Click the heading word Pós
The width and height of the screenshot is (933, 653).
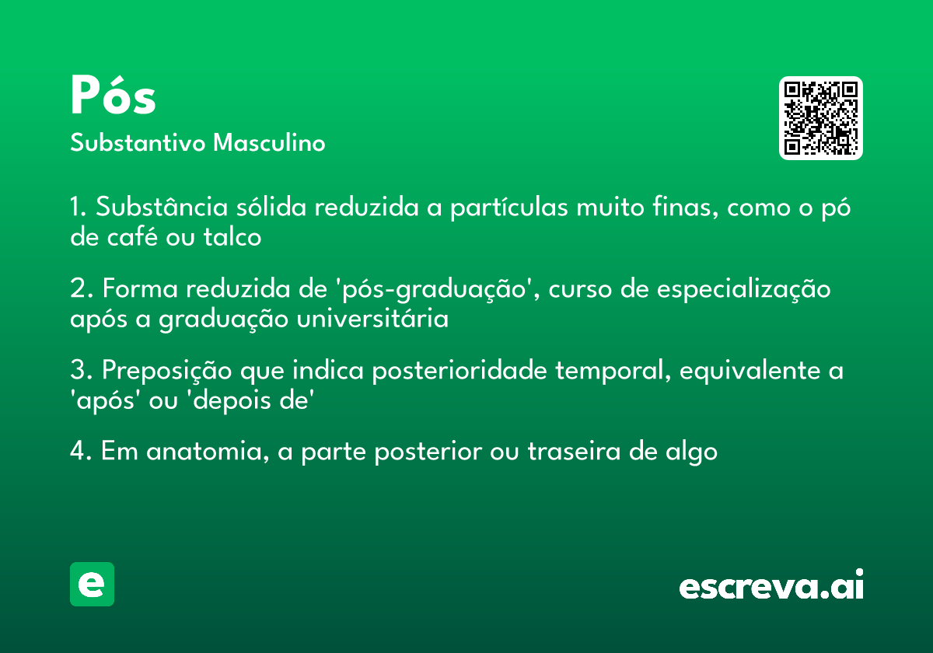(x=114, y=96)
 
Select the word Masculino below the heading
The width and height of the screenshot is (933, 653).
(x=269, y=143)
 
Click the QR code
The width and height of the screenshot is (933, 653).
(x=821, y=118)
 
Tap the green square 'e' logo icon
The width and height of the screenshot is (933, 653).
(x=92, y=584)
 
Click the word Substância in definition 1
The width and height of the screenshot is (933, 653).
(x=162, y=208)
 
